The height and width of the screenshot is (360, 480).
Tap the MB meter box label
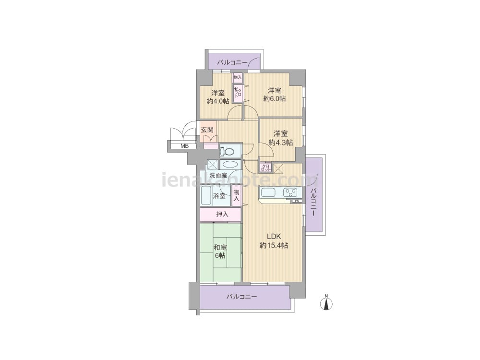pyautogui.click(x=184, y=146)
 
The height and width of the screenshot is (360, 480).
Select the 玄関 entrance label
pyautogui.click(x=207, y=130)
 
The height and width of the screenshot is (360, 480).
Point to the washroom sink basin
pyautogui.click(x=230, y=164)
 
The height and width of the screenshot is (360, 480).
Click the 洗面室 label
pyautogui.click(x=218, y=175)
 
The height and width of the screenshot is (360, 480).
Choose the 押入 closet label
pyautogui.click(x=222, y=214)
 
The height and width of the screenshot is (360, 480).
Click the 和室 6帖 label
pyautogui.click(x=220, y=251)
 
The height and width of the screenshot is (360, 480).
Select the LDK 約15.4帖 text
pyautogui.click(x=274, y=240)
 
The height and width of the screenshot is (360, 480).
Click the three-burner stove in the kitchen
pyautogui.click(x=290, y=192)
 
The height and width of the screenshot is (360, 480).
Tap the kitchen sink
pyautogui.click(x=268, y=193)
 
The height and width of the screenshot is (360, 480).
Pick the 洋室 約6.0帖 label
pyautogui.click(x=275, y=94)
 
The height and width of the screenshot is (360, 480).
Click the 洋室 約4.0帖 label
pyautogui.click(x=218, y=97)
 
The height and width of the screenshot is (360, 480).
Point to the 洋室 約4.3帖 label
pyautogui.click(x=281, y=138)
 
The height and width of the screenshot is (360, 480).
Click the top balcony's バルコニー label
pyautogui.click(x=232, y=63)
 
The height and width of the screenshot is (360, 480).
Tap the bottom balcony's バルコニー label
pyautogui.click(x=242, y=297)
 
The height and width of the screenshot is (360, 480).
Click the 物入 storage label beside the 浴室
pyautogui.click(x=236, y=195)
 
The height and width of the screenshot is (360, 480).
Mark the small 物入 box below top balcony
pyautogui.click(x=238, y=77)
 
